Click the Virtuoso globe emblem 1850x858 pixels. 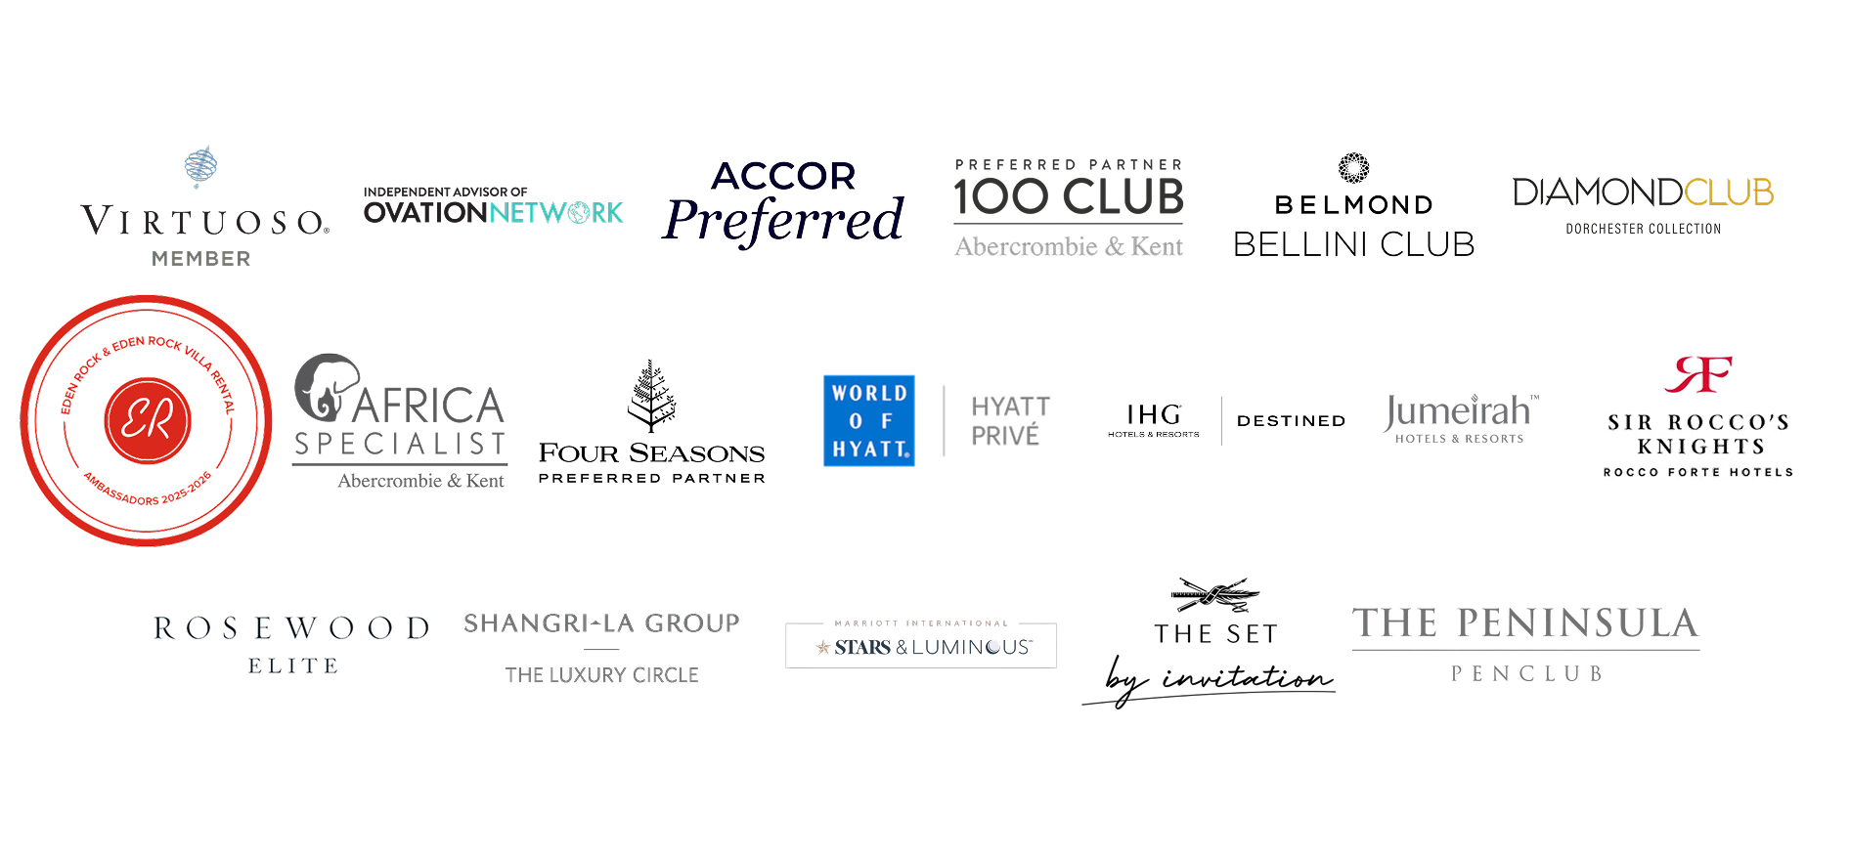(x=200, y=166)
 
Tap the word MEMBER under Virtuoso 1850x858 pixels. (x=201, y=259)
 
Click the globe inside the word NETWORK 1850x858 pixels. (x=579, y=212)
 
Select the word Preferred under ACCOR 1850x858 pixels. (x=783, y=220)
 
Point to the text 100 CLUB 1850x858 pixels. (x=1069, y=196)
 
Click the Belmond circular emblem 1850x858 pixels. (x=1353, y=168)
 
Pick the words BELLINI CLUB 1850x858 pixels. (x=1353, y=244)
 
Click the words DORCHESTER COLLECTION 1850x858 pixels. (x=1644, y=229)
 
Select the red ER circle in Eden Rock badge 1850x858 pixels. (x=148, y=420)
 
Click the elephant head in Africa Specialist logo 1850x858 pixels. (x=327, y=387)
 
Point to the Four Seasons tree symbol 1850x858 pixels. (x=652, y=396)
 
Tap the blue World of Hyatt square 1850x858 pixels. (x=869, y=421)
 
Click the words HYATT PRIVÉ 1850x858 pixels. (x=1011, y=421)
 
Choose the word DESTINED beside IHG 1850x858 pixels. (x=1292, y=421)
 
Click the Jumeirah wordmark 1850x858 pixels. (x=1459, y=411)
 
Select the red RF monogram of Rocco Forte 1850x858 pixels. (x=1698, y=374)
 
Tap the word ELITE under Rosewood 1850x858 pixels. (x=293, y=666)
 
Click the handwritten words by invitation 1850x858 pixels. (x=1218, y=678)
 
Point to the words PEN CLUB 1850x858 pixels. (x=1526, y=674)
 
